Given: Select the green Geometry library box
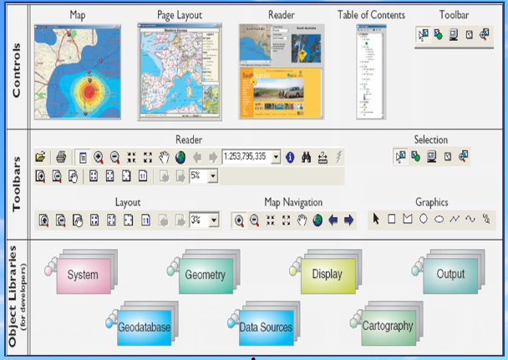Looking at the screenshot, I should point(205,275).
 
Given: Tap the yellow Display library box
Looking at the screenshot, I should point(327,274).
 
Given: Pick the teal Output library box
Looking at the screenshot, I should point(450,274).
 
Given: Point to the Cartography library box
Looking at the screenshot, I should point(387,326).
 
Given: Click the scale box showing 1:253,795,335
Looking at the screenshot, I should point(251,156).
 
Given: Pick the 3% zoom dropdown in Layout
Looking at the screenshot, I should point(204,220).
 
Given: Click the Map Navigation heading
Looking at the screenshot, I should point(292,202).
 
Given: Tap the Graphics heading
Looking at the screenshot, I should point(431,202).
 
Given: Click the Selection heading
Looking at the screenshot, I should point(431,139).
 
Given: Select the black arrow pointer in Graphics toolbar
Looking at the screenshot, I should point(376,219).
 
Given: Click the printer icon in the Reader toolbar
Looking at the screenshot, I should point(61,156).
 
